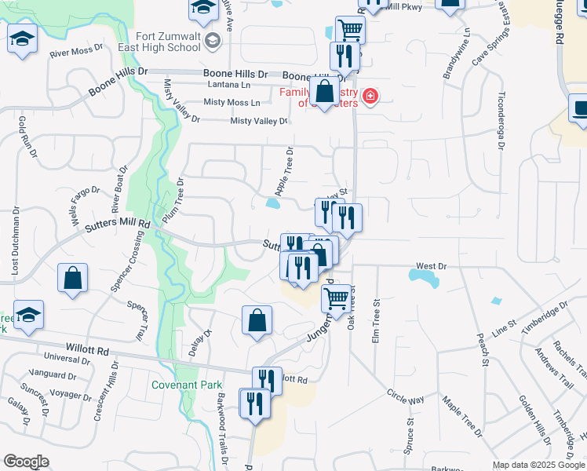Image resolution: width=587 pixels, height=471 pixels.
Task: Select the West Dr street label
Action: point(431,267)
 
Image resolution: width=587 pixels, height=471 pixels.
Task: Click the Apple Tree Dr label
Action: point(284,172)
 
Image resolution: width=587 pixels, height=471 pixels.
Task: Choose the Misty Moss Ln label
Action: point(232,103)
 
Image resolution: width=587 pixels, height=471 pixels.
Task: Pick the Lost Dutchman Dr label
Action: point(15,243)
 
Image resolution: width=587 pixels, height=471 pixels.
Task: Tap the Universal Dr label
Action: point(68,358)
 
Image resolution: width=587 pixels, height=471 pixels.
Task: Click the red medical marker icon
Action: point(370,97)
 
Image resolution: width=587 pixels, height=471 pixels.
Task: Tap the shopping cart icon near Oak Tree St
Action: point(337,298)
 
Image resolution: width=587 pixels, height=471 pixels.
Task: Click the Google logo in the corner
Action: point(25,462)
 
